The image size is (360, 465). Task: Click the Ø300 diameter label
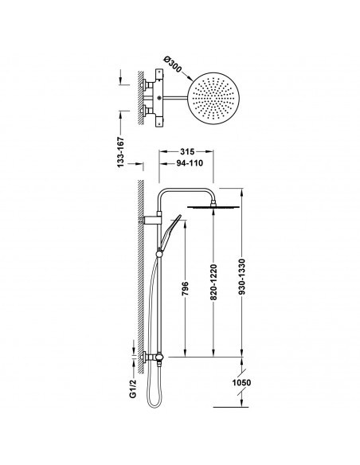(173, 64)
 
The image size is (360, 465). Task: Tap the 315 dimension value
(187, 151)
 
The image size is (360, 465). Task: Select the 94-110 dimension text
(190, 163)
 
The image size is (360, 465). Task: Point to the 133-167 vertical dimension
(120, 152)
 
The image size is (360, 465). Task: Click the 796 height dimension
(185, 288)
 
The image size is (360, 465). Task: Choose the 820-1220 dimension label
(213, 282)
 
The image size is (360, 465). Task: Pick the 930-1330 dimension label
(242, 276)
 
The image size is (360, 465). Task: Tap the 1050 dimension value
(241, 382)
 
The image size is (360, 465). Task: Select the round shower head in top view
(213, 98)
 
